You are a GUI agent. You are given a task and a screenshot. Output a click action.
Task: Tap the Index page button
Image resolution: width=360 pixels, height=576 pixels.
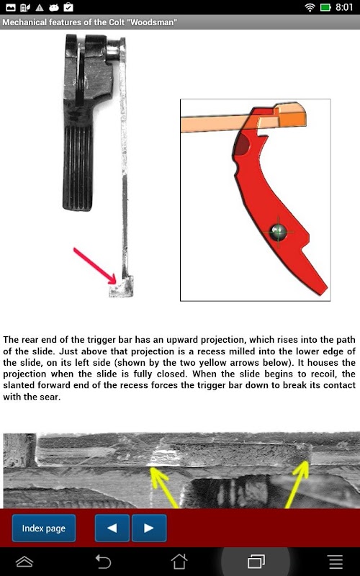click(44, 528)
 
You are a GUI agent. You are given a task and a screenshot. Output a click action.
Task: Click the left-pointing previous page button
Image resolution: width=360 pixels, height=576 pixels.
click(112, 528)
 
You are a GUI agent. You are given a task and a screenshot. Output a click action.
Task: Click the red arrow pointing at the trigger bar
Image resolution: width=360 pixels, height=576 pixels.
click(95, 266)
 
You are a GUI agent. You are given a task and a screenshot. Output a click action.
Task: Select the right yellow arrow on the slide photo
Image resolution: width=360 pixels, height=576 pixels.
click(297, 485)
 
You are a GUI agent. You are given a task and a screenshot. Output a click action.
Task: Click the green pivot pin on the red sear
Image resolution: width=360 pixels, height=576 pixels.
click(278, 232)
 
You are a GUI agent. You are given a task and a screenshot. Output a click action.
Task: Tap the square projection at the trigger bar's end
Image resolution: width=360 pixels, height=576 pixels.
click(121, 287)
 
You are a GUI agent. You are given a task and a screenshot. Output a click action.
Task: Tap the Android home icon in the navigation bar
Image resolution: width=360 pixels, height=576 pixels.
click(179, 562)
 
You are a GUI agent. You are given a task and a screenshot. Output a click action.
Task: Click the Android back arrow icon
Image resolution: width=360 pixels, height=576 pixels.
click(103, 562)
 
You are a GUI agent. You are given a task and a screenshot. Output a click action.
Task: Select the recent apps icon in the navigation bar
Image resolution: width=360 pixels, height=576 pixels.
click(256, 562)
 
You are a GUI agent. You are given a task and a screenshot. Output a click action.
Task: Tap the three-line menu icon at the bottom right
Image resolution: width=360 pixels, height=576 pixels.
click(336, 562)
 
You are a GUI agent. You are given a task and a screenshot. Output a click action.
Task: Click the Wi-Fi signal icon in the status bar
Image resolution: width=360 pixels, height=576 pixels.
click(310, 7)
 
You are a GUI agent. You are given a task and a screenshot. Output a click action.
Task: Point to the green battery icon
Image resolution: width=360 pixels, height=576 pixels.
click(326, 7)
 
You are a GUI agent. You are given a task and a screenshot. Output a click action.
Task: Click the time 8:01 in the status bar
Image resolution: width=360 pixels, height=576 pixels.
click(344, 7)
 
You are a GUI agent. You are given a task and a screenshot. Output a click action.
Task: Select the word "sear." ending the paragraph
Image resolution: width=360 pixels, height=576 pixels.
click(49, 397)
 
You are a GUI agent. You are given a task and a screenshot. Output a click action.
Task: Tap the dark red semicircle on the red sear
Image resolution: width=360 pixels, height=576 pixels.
click(243, 145)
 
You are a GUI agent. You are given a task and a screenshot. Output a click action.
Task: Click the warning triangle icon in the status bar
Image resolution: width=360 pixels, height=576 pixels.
click(40, 7)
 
